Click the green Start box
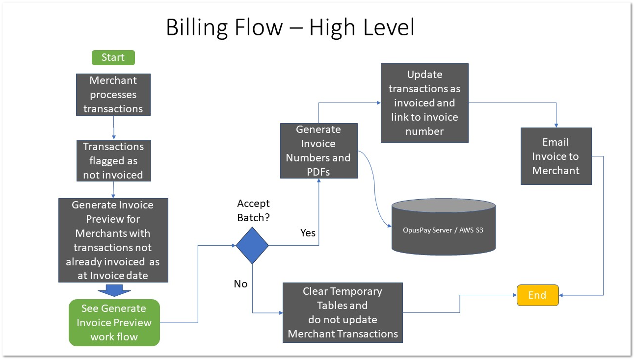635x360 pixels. [113, 57]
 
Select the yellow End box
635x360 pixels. [538, 295]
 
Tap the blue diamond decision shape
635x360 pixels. [252, 246]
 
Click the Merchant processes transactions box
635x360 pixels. [113, 95]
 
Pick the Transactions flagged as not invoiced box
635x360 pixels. [113, 160]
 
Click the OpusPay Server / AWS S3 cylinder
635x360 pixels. [443, 230]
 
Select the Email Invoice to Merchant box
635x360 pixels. [556, 156]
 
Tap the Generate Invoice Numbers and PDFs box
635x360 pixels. [318, 151]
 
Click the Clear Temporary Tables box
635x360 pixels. [343, 312]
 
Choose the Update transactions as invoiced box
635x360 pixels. [424, 103]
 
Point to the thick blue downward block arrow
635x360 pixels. [114, 290]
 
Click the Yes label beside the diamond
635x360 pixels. [308, 232]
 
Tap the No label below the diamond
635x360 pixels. [240, 284]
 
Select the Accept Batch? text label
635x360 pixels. [253, 210]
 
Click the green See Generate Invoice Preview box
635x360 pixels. [114, 322]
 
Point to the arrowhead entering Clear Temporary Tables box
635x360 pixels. [281, 313]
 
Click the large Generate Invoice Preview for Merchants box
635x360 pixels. [113, 240]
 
